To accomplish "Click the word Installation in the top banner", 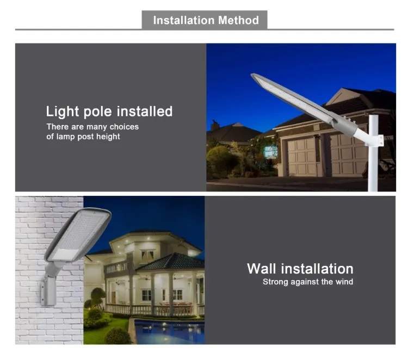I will click(x=183, y=21).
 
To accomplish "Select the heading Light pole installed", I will click(x=109, y=112).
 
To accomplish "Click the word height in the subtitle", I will click(x=108, y=136).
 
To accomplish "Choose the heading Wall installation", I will click(x=300, y=269).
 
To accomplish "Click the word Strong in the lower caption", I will click(x=275, y=282).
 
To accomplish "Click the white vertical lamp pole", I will click(x=373, y=163).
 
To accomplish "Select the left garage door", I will click(x=302, y=156).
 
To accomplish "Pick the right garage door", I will click(x=348, y=154).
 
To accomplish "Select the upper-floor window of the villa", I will click(x=147, y=255).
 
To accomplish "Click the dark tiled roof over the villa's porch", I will click(x=170, y=263).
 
